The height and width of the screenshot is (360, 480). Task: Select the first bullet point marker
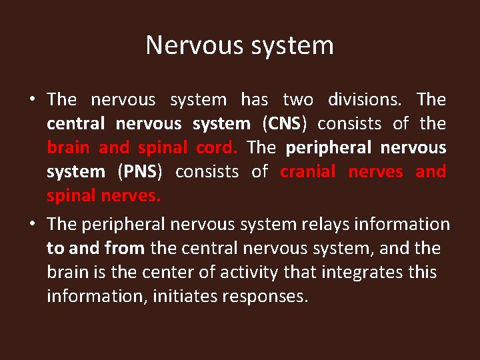[x=32, y=100]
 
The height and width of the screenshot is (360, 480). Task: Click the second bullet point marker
[x=32, y=225]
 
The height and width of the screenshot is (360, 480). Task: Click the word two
[x=298, y=100]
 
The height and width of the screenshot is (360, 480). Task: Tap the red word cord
[x=216, y=148]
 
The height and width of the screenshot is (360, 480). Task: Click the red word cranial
[x=308, y=172]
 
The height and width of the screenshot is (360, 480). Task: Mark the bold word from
[x=125, y=249]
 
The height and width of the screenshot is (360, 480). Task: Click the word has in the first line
[x=254, y=100]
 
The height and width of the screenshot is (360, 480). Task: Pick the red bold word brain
[x=69, y=148]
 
